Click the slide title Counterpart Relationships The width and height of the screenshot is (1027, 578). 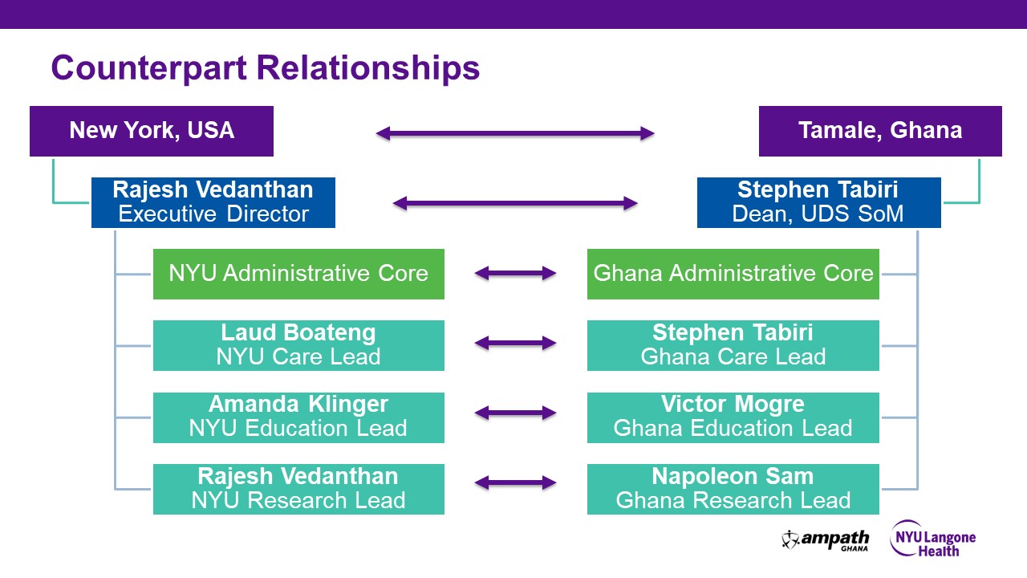265,68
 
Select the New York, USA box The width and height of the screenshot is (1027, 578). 152,131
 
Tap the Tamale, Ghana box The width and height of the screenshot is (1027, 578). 880,131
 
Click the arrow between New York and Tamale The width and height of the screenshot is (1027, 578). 515,133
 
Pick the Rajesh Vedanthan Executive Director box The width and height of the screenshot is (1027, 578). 213,202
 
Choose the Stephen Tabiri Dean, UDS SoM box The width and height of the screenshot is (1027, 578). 818,202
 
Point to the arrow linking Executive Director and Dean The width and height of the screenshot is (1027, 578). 515,204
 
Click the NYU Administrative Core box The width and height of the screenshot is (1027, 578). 298,274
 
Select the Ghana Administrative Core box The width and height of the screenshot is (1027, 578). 733,274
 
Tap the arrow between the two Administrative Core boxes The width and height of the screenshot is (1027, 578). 515,274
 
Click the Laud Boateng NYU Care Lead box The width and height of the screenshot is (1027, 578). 298,345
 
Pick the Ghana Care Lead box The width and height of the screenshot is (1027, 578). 733,345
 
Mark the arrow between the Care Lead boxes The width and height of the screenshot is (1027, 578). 515,344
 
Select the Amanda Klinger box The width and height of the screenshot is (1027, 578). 298,417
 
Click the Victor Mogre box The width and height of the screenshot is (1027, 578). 733,417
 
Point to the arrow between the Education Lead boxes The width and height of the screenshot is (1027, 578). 515,413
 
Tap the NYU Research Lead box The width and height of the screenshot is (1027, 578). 298,489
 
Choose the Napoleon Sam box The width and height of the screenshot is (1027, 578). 733,489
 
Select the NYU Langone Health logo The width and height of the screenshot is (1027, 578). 932,539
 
